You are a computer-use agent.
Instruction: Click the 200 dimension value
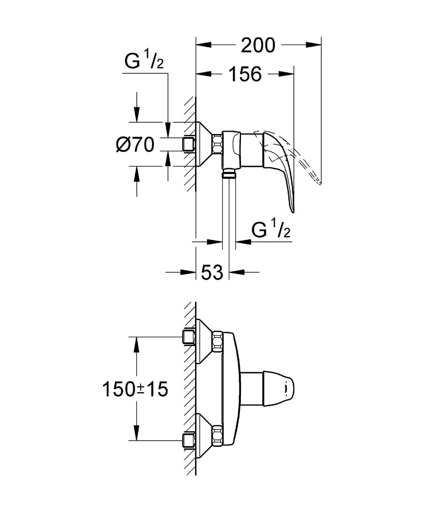point(258,46)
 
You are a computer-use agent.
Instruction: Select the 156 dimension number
point(245,74)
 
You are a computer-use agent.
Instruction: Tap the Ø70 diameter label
point(135,145)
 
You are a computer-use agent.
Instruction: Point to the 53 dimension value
point(212,272)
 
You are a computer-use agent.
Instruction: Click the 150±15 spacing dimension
point(135,389)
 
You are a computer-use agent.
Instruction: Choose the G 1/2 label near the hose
point(271,230)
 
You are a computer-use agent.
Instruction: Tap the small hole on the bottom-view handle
point(285,388)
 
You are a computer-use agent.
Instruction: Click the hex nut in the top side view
point(217,144)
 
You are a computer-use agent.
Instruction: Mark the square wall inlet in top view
point(189,144)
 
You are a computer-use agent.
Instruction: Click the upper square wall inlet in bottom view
point(189,337)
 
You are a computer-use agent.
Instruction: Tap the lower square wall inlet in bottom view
point(189,440)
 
